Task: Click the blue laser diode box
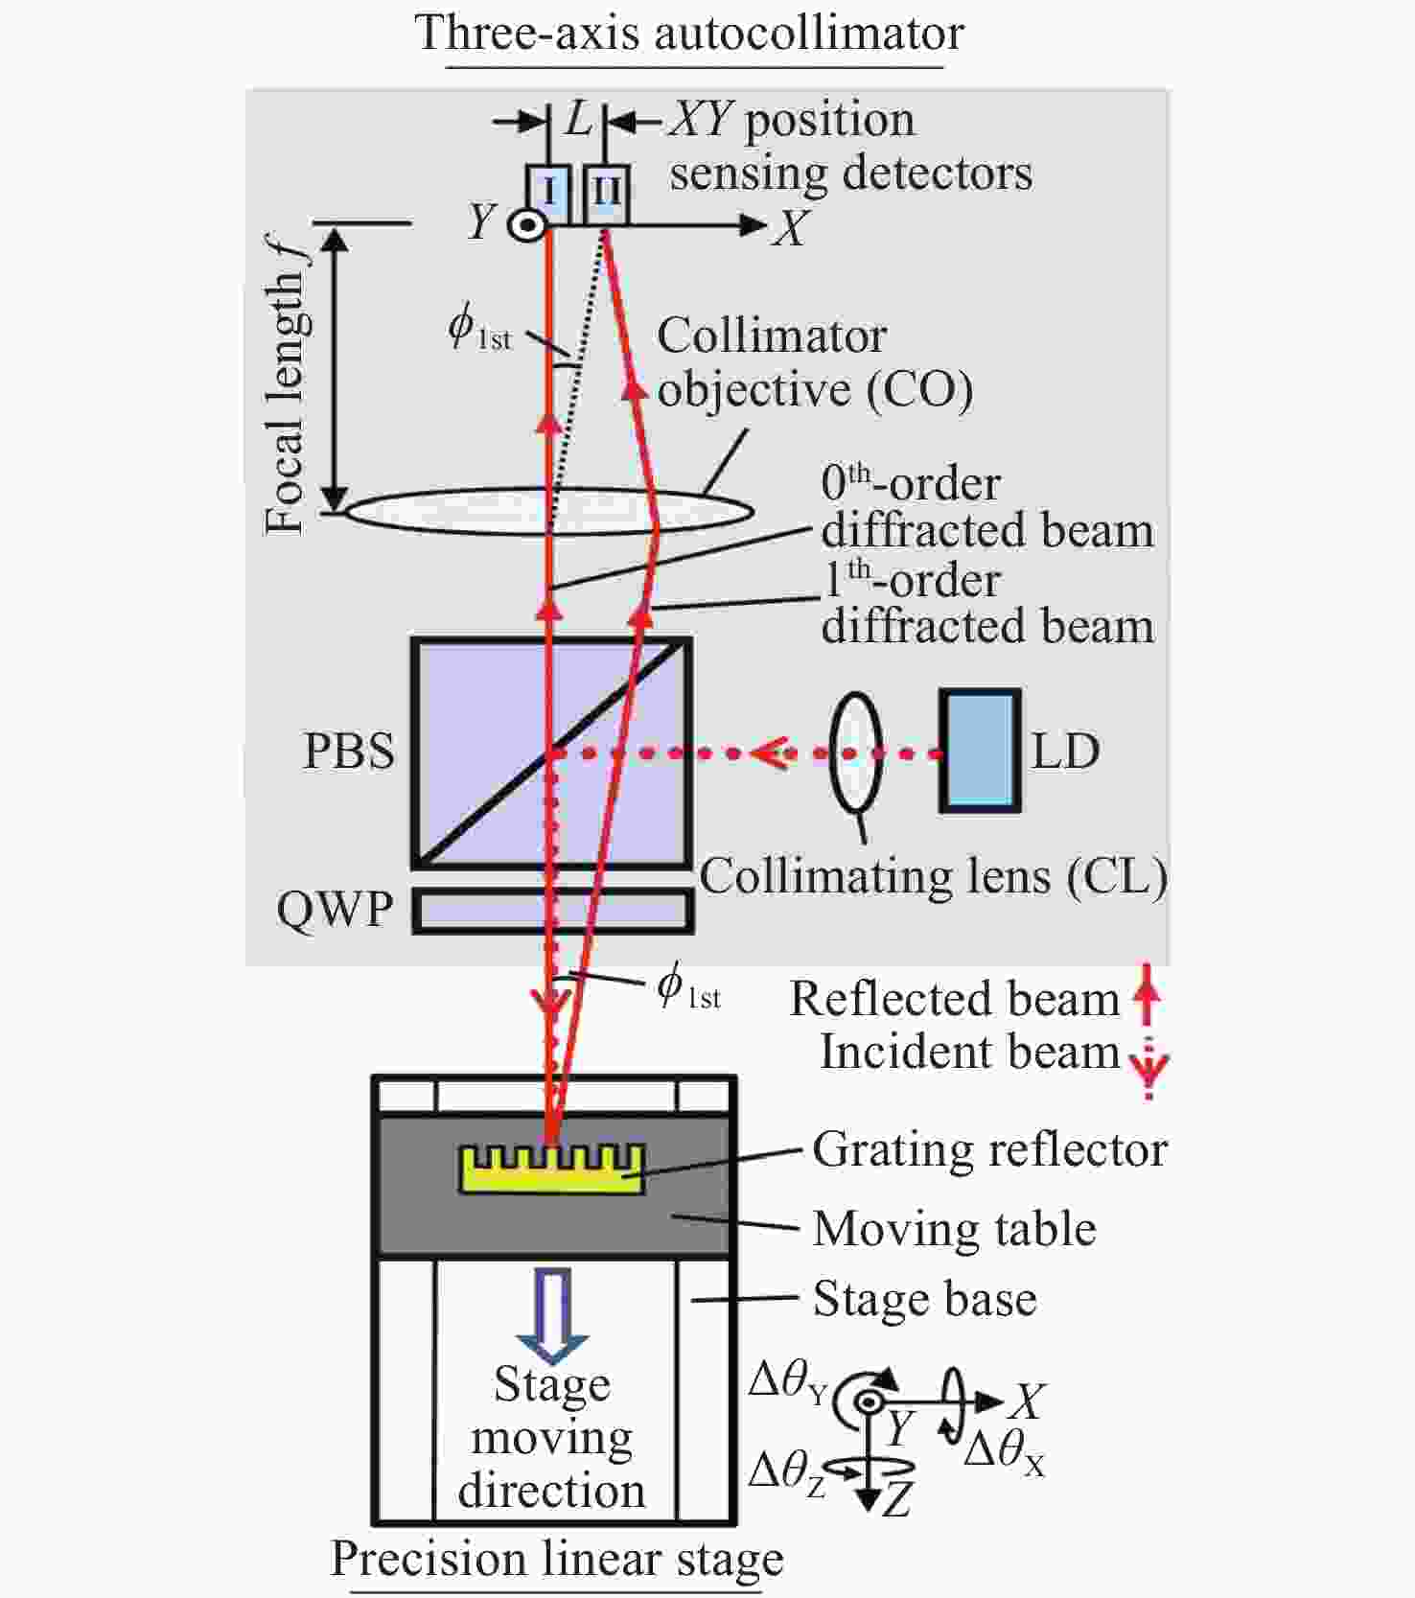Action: [980, 751]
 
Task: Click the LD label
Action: [1065, 752]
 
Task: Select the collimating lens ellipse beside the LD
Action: [855, 753]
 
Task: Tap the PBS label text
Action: [349, 752]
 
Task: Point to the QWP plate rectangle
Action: [553, 911]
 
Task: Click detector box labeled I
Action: [549, 195]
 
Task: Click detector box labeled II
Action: [606, 195]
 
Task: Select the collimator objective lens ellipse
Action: [548, 510]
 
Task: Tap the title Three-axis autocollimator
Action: [690, 33]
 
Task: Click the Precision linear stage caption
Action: [557, 1558]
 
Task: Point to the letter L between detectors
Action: [579, 119]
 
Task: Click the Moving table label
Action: [954, 1229]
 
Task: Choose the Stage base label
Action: [924, 1300]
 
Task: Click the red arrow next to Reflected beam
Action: [1147, 998]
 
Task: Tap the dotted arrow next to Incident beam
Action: [1148, 1065]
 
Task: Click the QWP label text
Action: [335, 910]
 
